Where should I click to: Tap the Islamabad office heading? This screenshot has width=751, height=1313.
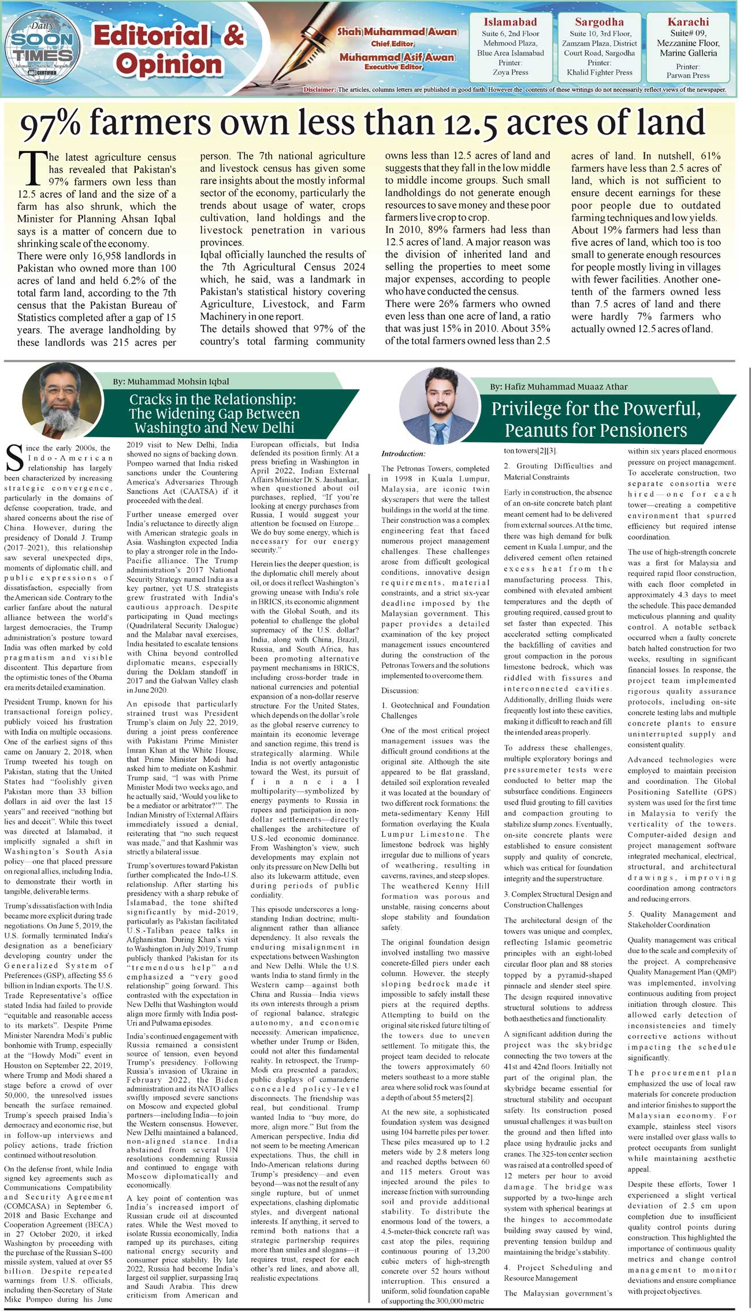[x=510, y=22]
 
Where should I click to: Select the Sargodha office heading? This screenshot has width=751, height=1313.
[x=599, y=22]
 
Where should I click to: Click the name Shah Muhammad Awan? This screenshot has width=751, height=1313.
[x=397, y=32]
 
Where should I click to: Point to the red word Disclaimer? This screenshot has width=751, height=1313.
[x=319, y=90]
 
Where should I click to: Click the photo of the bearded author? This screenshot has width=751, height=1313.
[x=62, y=400]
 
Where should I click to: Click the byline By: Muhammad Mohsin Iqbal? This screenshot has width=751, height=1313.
[x=170, y=381]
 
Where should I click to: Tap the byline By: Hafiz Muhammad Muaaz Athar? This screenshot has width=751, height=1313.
[x=559, y=386]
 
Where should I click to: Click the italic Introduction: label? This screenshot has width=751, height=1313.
[x=403, y=453]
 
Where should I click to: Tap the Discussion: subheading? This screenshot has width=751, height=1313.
[x=400, y=690]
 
